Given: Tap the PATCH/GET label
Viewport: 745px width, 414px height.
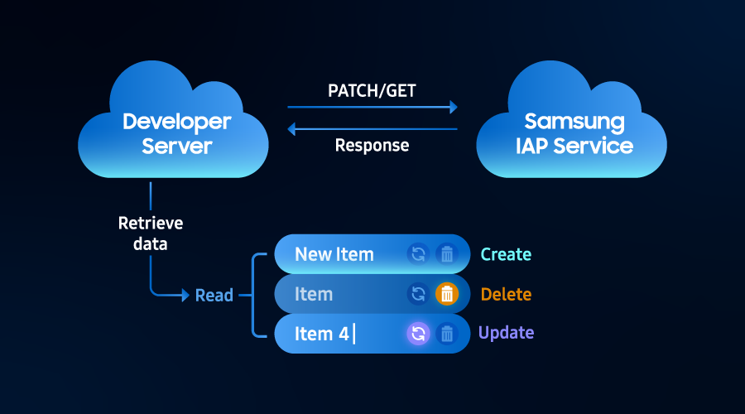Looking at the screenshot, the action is tap(372, 91).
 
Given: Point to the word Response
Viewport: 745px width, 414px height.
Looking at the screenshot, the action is tap(372, 146).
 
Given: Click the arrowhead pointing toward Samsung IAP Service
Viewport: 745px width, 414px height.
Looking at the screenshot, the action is tap(454, 107).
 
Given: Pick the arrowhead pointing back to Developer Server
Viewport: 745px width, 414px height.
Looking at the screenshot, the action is tap(291, 129).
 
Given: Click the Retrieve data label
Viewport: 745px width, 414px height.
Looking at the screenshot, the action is tap(151, 233).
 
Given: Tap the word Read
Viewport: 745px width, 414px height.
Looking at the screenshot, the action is tap(214, 295).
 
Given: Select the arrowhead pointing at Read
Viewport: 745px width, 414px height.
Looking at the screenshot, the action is tap(185, 295).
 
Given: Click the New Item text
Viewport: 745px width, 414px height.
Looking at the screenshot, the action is tap(334, 254).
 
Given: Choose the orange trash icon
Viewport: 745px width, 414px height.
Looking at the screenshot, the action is tap(447, 294).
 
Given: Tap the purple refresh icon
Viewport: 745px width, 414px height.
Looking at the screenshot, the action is tap(418, 334).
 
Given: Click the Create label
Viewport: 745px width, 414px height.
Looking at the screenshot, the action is tap(506, 254).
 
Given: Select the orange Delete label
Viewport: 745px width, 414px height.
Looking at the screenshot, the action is tap(506, 294).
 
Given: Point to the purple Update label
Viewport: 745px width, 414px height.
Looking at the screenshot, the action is tap(506, 333).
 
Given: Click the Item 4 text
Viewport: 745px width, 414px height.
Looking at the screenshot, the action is tap(322, 334).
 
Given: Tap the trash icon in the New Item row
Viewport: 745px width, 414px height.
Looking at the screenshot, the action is tap(447, 254).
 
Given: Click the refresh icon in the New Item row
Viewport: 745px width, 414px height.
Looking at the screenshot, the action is tap(418, 254).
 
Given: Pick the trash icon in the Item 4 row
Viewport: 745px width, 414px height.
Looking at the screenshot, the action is tap(447, 334).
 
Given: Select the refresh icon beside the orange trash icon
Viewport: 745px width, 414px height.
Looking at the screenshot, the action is tap(418, 294).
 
